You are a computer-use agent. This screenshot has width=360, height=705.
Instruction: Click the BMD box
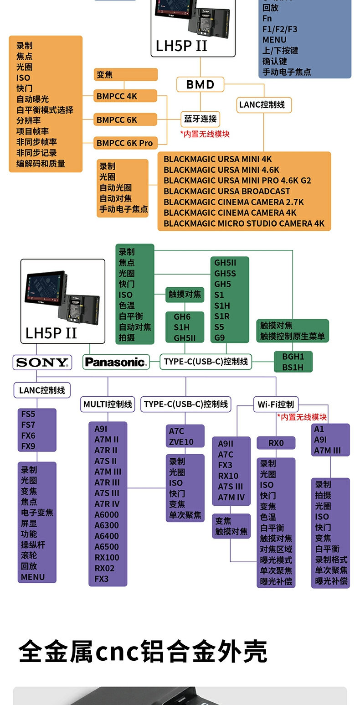(x=200, y=84)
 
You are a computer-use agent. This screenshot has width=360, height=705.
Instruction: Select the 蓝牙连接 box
(x=200, y=119)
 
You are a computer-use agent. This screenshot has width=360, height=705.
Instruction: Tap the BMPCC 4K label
(x=117, y=96)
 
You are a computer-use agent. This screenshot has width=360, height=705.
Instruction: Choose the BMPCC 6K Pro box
(x=124, y=143)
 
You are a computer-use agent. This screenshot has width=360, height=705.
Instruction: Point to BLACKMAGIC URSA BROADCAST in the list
(x=226, y=191)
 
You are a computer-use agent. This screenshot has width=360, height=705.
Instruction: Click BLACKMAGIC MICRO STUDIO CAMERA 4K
(x=244, y=223)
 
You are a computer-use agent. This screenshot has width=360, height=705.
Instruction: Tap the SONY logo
(x=42, y=363)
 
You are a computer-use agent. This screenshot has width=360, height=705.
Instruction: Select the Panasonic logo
(x=116, y=362)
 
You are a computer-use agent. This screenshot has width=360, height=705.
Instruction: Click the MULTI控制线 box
(x=108, y=404)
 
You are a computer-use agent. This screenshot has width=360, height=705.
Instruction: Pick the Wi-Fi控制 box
(x=276, y=404)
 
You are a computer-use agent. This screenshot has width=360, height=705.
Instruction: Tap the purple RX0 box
(x=276, y=443)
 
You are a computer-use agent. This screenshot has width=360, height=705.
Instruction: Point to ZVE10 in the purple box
(x=181, y=442)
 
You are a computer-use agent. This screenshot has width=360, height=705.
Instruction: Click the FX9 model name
(x=28, y=446)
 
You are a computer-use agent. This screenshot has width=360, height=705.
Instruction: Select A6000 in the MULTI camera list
(x=107, y=514)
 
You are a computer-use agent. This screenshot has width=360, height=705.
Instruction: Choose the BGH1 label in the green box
(x=293, y=356)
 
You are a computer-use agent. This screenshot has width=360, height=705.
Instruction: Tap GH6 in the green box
(x=182, y=316)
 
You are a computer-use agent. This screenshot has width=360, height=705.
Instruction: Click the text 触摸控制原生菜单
(x=293, y=336)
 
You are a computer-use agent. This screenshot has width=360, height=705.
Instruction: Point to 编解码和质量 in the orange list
(x=41, y=164)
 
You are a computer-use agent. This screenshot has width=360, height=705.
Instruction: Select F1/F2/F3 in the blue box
(x=280, y=29)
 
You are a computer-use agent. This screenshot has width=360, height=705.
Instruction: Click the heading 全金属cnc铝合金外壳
(x=143, y=652)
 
